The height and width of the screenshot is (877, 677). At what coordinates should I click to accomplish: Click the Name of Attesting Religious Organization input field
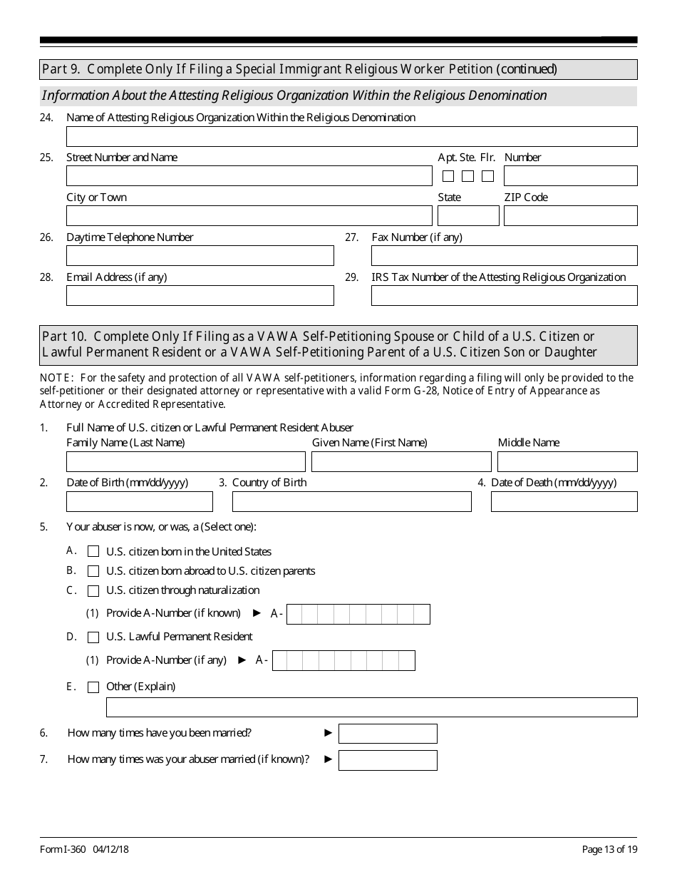tap(351, 136)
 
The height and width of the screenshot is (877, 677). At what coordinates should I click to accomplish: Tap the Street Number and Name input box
tap(249, 176)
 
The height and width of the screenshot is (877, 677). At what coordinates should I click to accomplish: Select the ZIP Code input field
tap(570, 216)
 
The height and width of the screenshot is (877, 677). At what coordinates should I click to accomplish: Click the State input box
tap(467, 216)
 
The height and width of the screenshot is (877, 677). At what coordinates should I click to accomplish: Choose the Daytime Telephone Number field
tap(200, 256)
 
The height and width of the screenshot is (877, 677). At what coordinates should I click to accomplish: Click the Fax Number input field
tap(504, 256)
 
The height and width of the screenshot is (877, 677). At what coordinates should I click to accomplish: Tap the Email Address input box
tap(200, 296)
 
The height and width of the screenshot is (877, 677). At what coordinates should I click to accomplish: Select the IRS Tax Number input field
tap(504, 296)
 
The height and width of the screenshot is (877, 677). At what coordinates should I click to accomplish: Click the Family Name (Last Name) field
tap(185, 462)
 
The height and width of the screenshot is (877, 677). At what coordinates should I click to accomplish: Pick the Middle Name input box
tap(567, 462)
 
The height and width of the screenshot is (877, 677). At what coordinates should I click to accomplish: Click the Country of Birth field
tap(351, 502)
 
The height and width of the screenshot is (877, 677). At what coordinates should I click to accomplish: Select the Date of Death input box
tap(564, 502)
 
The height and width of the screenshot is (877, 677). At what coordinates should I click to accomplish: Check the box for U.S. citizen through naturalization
tap(93, 591)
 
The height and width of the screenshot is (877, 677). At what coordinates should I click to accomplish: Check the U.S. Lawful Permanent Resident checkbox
tap(93, 637)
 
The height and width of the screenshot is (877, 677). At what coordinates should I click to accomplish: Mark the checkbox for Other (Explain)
tap(93, 687)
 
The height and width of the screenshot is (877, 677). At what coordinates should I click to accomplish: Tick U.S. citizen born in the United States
tap(93, 552)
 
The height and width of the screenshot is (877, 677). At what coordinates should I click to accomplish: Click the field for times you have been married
tap(388, 734)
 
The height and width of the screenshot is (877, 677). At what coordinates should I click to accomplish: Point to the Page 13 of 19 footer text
tap(609, 849)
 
